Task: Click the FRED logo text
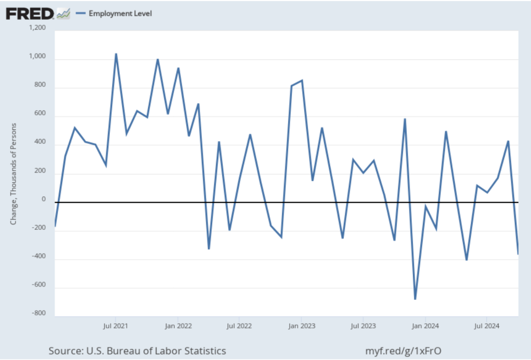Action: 30,13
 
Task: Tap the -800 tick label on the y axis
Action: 38,313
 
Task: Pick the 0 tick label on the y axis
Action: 44,199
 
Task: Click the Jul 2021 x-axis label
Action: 115,326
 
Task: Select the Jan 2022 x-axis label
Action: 178,326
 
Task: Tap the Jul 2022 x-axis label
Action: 239,326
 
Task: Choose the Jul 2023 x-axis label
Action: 363,326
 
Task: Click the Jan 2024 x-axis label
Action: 425,326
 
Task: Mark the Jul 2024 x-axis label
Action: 486,326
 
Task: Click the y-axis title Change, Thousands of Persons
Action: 14,173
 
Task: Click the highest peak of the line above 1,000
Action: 116,54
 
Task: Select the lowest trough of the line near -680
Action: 415,299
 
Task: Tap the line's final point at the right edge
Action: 518,254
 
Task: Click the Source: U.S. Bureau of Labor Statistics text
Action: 137,351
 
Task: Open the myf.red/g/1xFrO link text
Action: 404,351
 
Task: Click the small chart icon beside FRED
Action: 63,13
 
